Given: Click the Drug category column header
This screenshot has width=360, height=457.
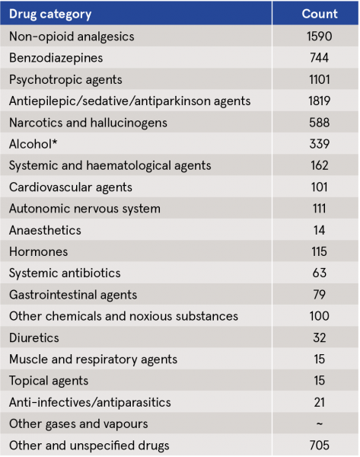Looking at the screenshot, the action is [x=50, y=14].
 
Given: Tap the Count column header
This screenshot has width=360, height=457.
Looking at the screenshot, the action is [x=320, y=14].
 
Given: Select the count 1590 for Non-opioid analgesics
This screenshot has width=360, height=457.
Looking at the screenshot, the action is [x=319, y=37].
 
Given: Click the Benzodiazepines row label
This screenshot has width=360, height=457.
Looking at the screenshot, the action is [x=56, y=58].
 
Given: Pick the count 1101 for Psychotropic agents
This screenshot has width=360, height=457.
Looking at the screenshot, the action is [x=319, y=79].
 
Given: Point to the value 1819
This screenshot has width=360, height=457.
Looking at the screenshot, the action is [x=319, y=101].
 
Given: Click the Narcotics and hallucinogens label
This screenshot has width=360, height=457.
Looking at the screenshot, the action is [x=88, y=123].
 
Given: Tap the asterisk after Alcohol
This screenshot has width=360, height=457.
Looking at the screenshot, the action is [x=55, y=142].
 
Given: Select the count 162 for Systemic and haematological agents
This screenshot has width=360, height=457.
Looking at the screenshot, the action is [x=319, y=165].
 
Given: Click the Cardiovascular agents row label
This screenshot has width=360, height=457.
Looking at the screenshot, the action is [x=71, y=187].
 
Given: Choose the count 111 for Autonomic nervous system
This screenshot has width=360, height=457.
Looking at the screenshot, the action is [x=319, y=209].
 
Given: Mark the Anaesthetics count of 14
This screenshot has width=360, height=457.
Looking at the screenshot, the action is [x=319, y=230].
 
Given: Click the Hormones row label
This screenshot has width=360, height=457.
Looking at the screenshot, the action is [x=39, y=252].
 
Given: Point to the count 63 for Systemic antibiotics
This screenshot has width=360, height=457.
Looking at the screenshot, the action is [x=319, y=273].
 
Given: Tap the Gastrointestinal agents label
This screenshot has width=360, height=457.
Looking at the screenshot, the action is [x=73, y=295].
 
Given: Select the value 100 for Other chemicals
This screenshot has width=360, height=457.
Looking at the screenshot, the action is [x=319, y=316].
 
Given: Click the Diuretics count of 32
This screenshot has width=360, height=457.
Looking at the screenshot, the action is [x=319, y=337].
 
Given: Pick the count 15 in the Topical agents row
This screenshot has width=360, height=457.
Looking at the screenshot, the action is [x=319, y=381].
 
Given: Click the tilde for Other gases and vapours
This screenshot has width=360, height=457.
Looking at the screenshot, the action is [x=319, y=423].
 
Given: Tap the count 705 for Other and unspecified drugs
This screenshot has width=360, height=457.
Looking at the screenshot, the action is [x=319, y=446].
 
